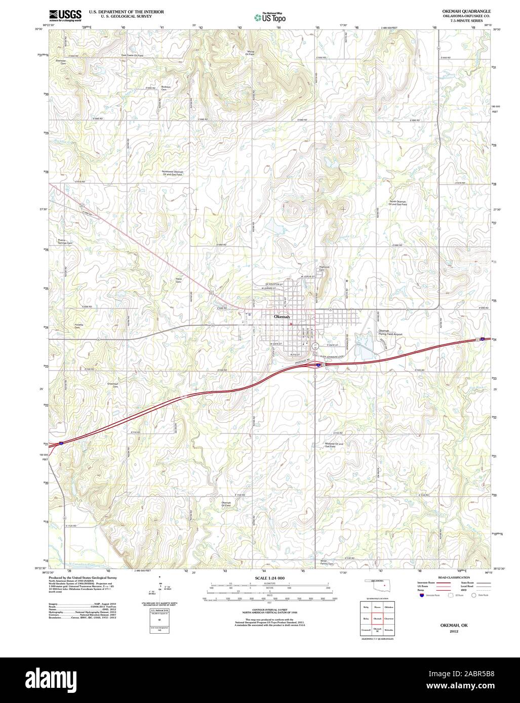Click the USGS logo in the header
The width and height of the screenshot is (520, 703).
[65, 15]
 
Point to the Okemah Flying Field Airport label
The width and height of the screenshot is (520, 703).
[390, 332]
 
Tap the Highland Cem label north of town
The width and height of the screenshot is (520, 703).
[324, 269]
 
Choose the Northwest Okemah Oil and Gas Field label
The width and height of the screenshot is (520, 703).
[173, 173]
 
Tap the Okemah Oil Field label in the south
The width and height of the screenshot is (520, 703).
[226, 504]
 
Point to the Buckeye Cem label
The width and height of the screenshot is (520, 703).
[165, 88]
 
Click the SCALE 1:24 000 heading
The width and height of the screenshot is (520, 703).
[270, 578]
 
